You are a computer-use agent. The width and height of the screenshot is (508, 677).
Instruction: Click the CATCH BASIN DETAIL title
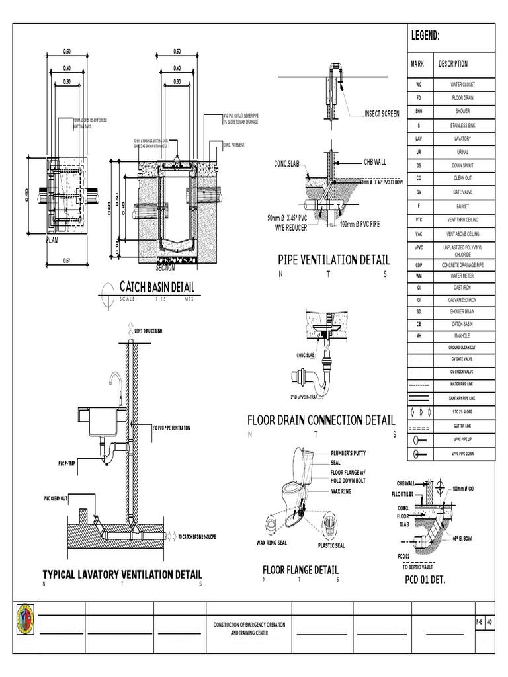pyautogui.click(x=157, y=287)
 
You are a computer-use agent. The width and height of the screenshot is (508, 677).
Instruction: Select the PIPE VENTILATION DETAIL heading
pyautogui.click(x=333, y=260)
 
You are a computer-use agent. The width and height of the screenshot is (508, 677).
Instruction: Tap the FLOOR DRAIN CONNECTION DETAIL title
pyautogui.click(x=321, y=420)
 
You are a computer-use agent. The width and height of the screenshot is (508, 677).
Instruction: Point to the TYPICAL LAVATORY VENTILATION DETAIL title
pyautogui.click(x=122, y=574)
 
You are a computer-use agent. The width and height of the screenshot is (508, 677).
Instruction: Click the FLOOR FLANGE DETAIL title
pyautogui.click(x=300, y=569)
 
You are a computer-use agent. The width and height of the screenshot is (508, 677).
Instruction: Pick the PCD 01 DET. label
pyautogui.click(x=425, y=580)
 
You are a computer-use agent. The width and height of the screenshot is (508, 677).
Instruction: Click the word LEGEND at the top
pyautogui.click(x=426, y=36)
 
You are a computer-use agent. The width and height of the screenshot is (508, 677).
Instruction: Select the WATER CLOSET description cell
pyautogui.click(x=462, y=85)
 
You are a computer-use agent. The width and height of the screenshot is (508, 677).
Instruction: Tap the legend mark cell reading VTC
pyautogui.click(x=419, y=219)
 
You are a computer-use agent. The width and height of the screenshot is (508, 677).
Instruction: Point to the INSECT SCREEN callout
pyautogui.click(x=382, y=114)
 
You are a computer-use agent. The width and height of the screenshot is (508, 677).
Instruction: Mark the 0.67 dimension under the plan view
pyautogui.click(x=67, y=261)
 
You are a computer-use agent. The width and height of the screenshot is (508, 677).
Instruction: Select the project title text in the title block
pyautogui.click(x=249, y=628)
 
